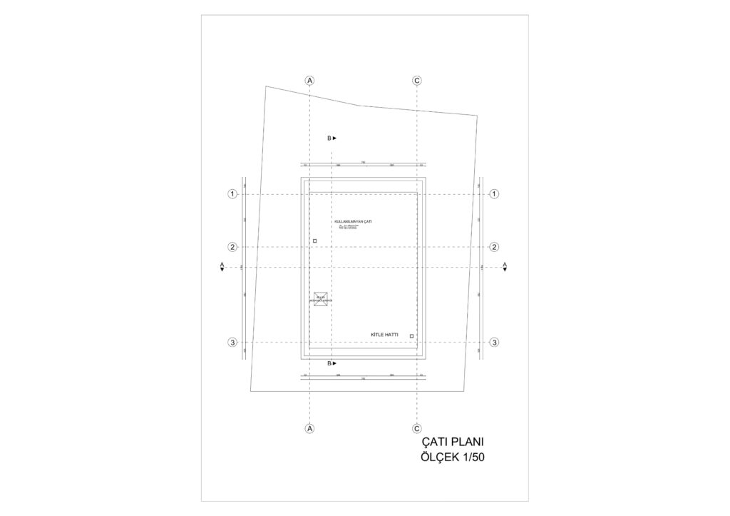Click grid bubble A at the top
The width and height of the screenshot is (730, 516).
309,81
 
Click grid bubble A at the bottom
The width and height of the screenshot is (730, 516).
309,428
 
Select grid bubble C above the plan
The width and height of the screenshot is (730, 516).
416,81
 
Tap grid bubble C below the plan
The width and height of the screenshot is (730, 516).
416,428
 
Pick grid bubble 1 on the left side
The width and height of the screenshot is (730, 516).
232,194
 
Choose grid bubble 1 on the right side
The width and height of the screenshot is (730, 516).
494,194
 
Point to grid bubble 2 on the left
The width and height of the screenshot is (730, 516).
232,247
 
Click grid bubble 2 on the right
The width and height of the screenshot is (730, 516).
494,247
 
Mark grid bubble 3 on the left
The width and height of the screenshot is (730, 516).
232,343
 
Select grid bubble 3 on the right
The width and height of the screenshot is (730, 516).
494,343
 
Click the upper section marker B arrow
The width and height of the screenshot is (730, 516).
332,138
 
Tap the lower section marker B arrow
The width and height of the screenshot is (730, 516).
332,363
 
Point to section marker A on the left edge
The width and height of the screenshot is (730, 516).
222,267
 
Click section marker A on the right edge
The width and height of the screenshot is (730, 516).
505,267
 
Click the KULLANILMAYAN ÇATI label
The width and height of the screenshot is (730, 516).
353,221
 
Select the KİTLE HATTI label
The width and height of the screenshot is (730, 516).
385,335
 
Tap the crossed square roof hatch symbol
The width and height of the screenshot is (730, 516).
320,299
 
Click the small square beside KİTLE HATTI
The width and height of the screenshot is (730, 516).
412,335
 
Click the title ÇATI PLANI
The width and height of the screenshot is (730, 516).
453,442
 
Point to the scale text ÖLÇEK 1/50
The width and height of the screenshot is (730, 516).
453,458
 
